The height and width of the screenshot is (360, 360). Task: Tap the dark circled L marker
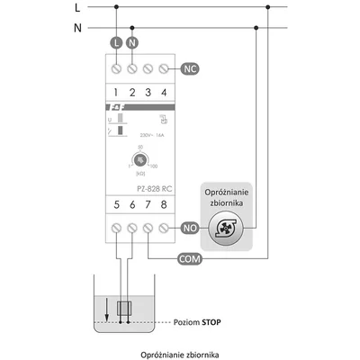pos(114,43)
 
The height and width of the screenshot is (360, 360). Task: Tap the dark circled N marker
pos(132,43)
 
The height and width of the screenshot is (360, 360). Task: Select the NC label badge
pos(190,68)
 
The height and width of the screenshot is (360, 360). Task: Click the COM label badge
pos(190,259)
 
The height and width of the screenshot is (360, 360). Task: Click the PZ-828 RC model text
pos(139,190)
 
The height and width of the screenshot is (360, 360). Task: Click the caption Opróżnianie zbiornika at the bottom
pos(179,355)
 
